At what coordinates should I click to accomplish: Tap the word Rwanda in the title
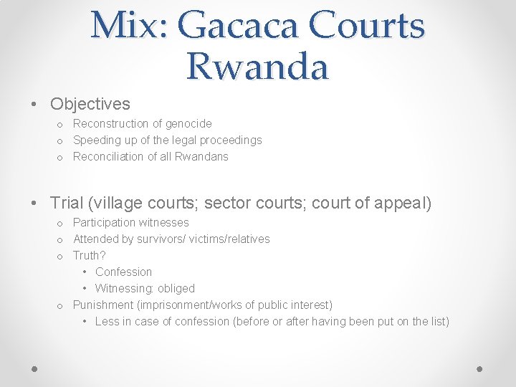[257, 67]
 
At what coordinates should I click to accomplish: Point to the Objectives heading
[90, 104]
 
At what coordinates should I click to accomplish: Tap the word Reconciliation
[110, 156]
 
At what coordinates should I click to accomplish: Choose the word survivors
[162, 239]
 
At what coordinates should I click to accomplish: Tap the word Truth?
[90, 255]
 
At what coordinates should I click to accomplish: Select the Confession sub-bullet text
[123, 272]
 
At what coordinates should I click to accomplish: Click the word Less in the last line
[107, 321]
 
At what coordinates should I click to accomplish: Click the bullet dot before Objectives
[35, 105]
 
